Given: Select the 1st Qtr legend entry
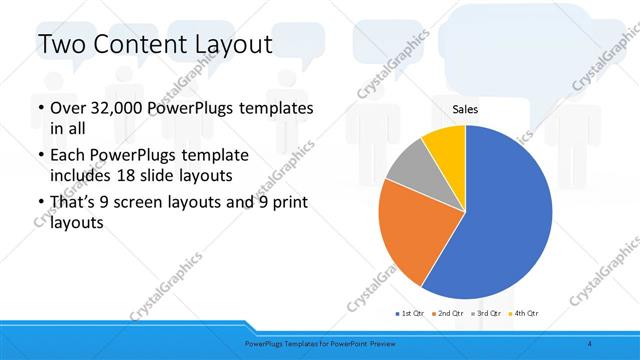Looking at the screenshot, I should click(x=411, y=313).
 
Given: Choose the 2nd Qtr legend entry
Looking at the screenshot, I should click(x=450, y=313).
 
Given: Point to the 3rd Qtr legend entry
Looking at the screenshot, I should click(x=488, y=313).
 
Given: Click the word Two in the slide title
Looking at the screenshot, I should click(x=62, y=45).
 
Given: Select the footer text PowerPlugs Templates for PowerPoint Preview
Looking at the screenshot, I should click(x=319, y=343).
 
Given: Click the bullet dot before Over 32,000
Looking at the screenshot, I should click(x=39, y=108).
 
